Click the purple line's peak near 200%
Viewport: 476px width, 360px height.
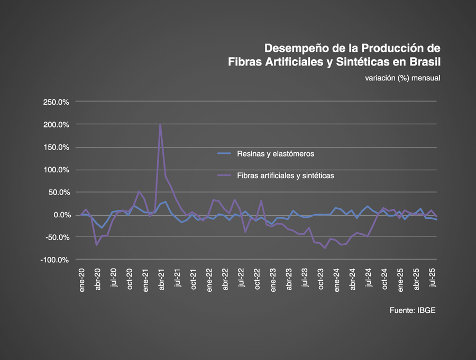tap(160, 125)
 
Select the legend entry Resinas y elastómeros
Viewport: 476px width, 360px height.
tap(276, 154)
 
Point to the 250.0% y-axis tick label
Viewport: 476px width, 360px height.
tap(56, 102)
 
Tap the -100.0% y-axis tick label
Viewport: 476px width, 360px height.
tap(56, 260)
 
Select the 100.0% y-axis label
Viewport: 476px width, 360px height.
tap(56, 170)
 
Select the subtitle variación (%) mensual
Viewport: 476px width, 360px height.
tap(402, 78)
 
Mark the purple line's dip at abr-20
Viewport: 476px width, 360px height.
tap(97, 245)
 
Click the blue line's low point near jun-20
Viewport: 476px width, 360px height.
tap(102, 228)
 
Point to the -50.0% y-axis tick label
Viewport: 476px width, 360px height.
tap(57, 237)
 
